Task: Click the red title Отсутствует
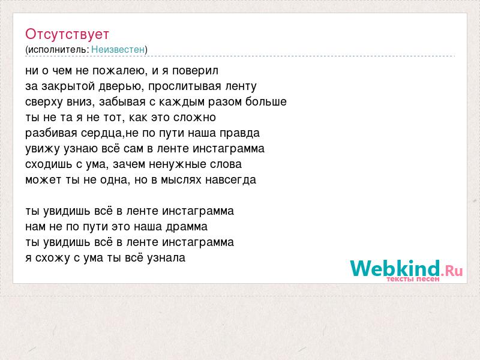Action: tap(67, 34)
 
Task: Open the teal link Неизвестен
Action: tap(118, 49)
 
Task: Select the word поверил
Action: tap(196, 71)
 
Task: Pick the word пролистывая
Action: tap(185, 86)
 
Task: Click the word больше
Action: tap(266, 101)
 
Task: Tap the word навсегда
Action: tap(230, 180)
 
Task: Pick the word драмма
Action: tap(187, 227)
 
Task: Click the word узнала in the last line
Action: tap(166, 258)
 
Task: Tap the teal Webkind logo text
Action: tap(395, 268)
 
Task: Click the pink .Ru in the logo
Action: tap(452, 271)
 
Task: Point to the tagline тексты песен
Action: tap(413, 279)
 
